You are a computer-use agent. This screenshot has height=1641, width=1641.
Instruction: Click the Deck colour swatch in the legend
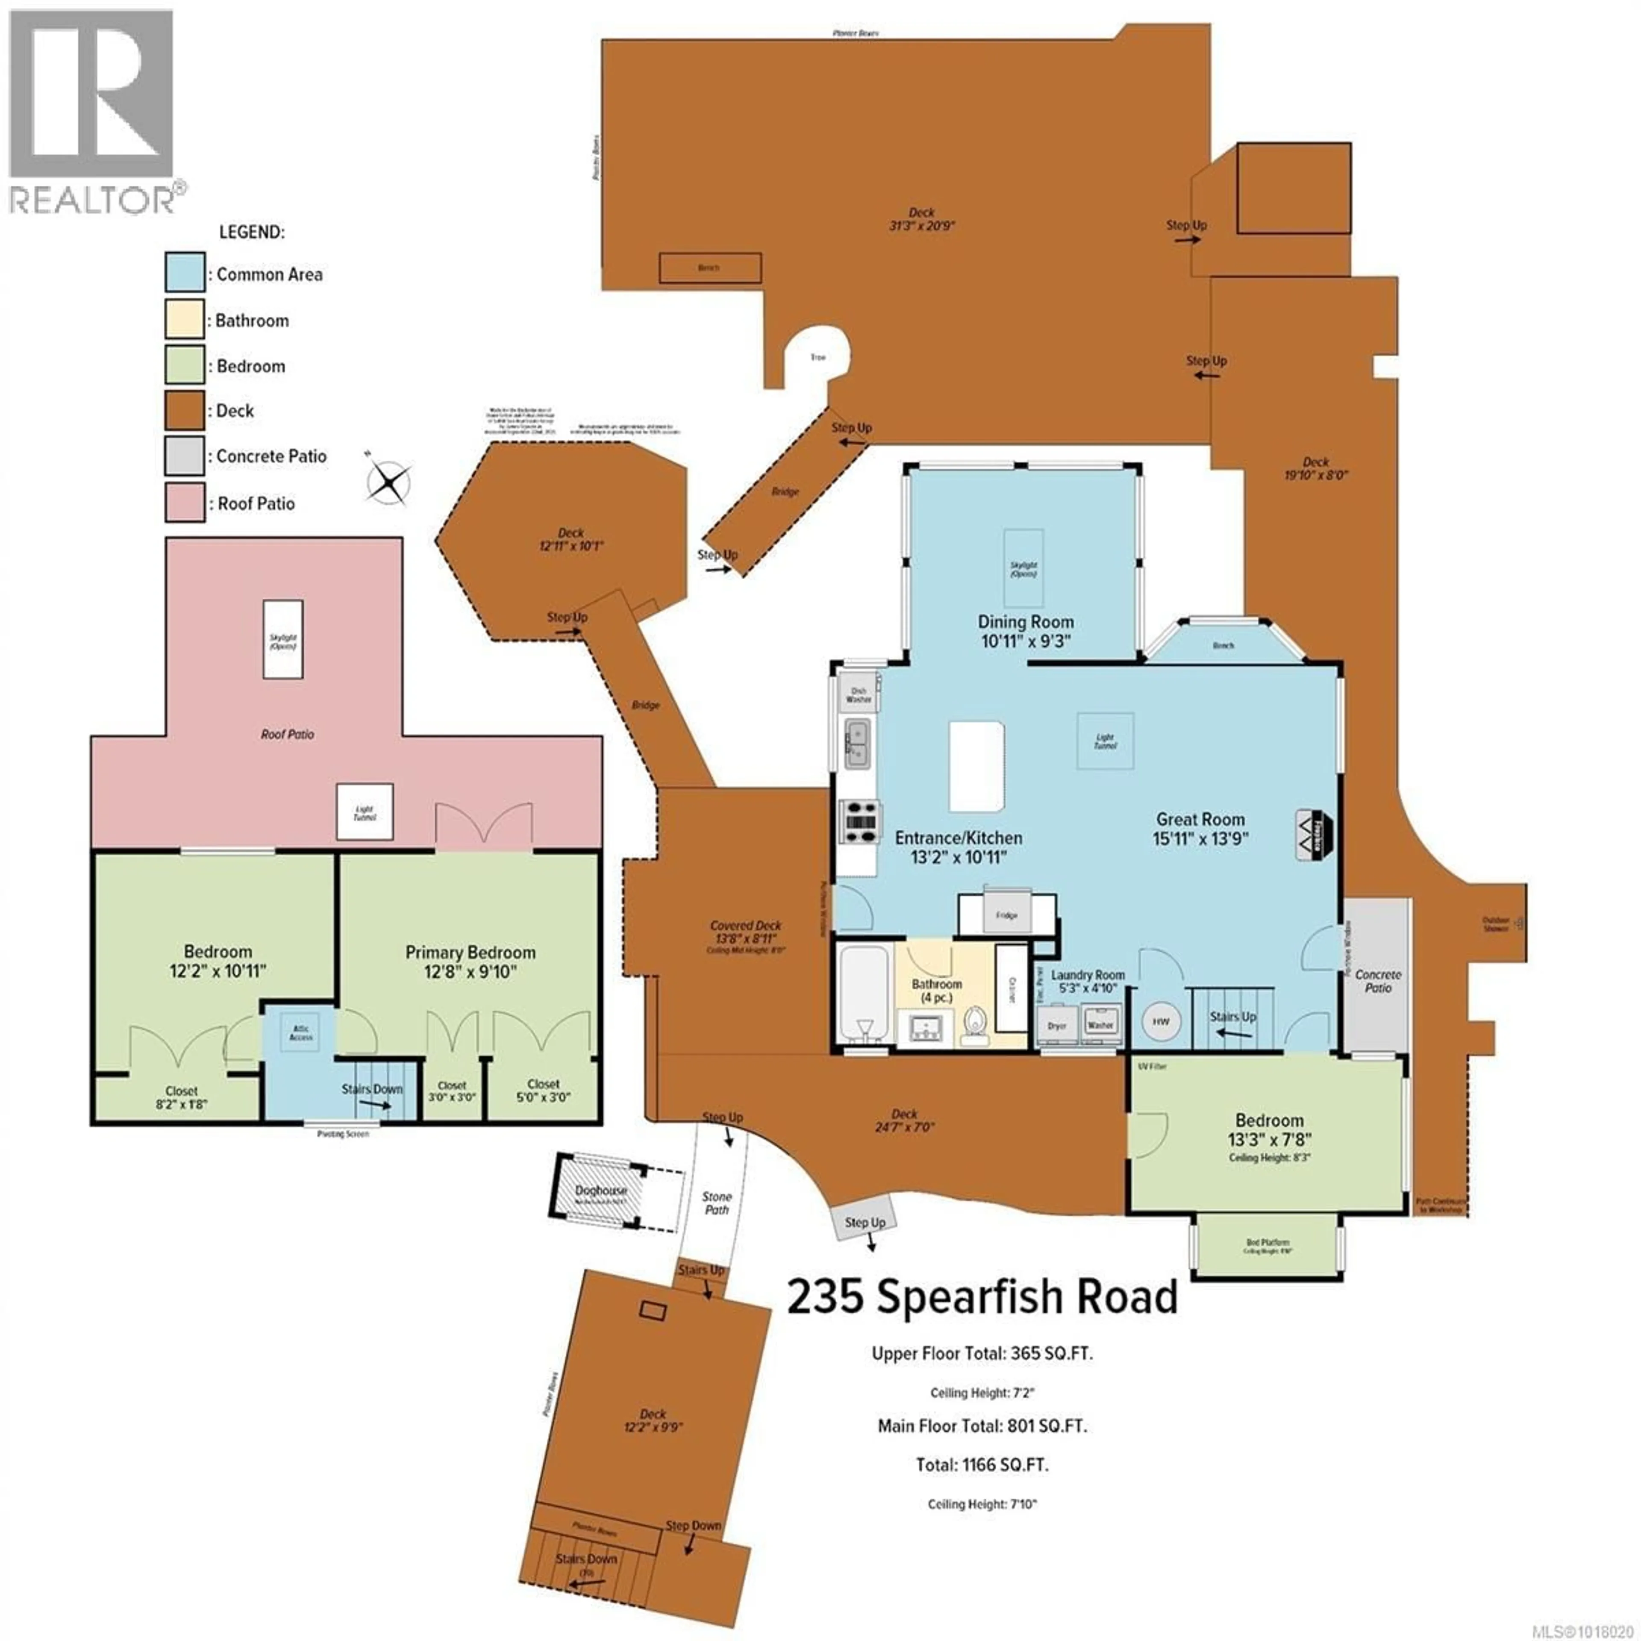[x=184, y=411]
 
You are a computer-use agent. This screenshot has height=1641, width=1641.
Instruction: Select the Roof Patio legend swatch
[x=184, y=503]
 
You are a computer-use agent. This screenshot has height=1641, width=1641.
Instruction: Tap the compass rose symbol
[x=389, y=483]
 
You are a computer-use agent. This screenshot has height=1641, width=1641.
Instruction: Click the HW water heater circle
[x=1160, y=1022]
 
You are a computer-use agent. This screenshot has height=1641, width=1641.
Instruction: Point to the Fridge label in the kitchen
[x=1006, y=916]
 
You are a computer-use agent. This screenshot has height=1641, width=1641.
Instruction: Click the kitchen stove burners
[x=858, y=821]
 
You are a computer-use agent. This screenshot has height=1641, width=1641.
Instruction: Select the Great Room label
[x=1200, y=820]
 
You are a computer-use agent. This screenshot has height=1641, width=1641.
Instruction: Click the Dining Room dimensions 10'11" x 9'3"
[x=1025, y=641]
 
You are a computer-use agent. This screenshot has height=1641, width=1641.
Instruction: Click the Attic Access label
[x=301, y=1033]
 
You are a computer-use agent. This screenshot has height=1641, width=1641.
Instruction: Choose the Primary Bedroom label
[x=470, y=952]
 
